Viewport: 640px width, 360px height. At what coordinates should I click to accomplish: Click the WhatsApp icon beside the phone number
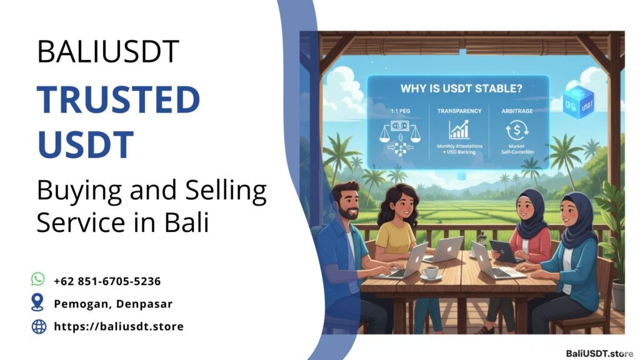38,279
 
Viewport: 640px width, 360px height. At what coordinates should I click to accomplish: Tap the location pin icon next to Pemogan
38,302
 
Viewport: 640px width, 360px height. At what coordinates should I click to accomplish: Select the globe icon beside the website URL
39,326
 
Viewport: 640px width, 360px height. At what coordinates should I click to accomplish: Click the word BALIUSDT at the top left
107,52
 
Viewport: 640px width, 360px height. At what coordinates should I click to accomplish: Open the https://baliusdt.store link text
119,326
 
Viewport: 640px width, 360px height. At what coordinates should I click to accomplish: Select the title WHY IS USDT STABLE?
457,89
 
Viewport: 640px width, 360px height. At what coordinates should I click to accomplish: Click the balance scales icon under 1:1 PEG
394,132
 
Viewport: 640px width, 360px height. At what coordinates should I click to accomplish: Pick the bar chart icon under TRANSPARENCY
459,129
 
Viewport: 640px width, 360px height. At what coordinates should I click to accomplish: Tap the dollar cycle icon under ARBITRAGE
516,129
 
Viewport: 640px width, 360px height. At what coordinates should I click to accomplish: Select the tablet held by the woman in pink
505,251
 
